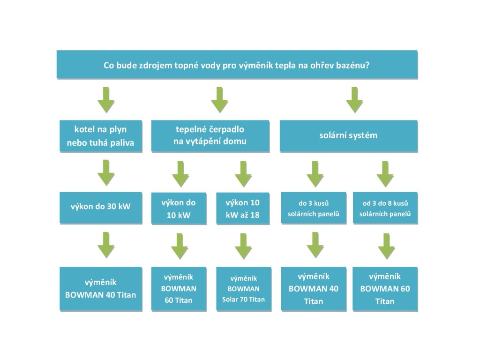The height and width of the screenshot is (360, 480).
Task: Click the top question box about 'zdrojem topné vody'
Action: [237, 65]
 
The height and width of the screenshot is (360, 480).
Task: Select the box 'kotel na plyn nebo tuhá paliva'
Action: [101, 136]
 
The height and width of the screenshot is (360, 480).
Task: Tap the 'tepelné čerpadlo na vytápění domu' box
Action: [210, 136]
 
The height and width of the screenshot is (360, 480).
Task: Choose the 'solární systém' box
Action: [349, 136]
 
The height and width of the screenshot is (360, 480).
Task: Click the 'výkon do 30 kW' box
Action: [101, 208]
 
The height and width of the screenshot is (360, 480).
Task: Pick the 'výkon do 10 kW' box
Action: [179, 209]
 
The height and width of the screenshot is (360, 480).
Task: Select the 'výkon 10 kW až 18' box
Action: [243, 209]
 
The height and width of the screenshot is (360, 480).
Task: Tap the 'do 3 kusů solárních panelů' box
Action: [314, 208]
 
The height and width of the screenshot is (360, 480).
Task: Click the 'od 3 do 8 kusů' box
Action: [385, 208]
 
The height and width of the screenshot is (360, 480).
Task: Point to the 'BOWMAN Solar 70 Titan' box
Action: [244, 289]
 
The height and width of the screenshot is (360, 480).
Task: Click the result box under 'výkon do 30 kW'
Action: [101, 289]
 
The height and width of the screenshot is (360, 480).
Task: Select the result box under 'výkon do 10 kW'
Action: [179, 289]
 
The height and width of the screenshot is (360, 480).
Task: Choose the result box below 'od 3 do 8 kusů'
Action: [385, 289]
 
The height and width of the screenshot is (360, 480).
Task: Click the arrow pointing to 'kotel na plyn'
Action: [106, 100]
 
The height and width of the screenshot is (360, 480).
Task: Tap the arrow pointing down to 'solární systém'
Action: [354, 100]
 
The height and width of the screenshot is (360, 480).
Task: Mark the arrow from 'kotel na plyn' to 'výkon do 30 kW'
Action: [106, 172]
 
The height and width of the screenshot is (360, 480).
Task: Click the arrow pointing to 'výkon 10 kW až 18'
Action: [243, 174]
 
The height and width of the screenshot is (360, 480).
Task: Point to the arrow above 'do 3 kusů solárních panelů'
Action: [315, 174]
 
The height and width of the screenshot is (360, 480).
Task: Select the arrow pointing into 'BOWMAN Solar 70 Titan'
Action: [243, 246]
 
